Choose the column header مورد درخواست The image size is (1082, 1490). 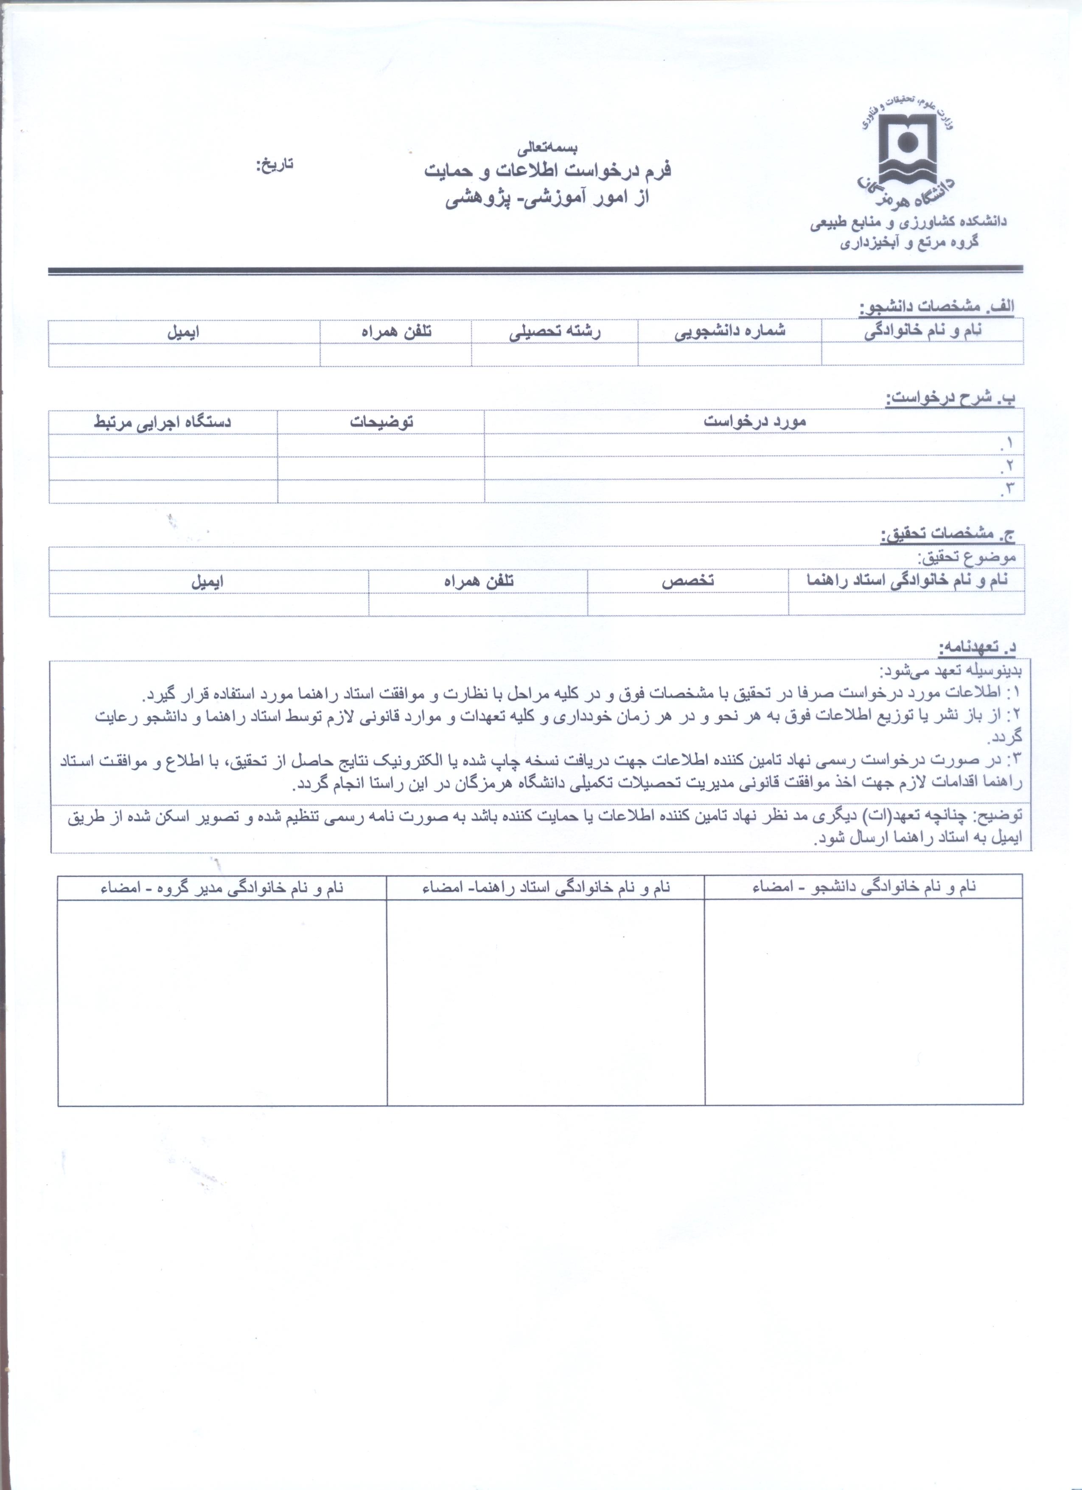point(754,422)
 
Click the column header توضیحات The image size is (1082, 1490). point(381,422)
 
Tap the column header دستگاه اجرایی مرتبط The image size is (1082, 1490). point(163,422)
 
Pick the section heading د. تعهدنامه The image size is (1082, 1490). point(977,647)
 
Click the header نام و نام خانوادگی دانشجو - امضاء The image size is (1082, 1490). point(864,887)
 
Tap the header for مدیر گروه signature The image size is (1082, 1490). point(222,887)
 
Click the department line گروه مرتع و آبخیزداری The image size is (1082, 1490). point(909,242)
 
